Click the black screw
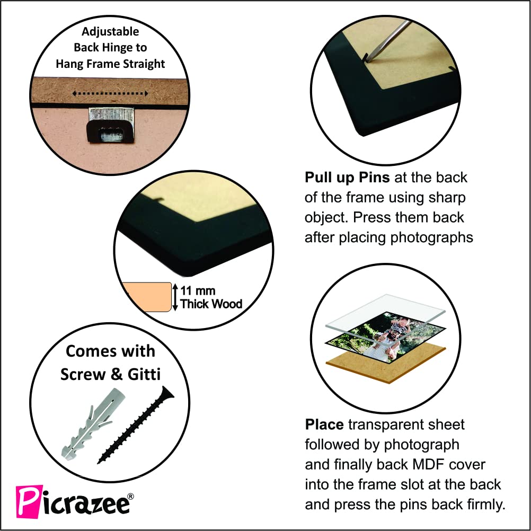tap(136, 426)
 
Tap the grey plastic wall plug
tap(93, 424)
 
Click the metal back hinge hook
tap(111, 125)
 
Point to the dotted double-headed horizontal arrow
tap(110, 93)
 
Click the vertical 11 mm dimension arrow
tap(175, 297)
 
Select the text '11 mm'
tap(198, 290)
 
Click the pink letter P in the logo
tap(30, 501)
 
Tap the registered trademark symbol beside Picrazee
tap(130, 497)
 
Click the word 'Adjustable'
tap(110, 31)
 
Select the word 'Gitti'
tap(144, 375)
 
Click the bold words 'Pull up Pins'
tap(347, 178)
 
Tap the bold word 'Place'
tap(324, 424)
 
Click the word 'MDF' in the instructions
tap(429, 465)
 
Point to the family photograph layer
tap(385, 337)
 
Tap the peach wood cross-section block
tap(147, 297)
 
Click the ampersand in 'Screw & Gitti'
tap(117, 375)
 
